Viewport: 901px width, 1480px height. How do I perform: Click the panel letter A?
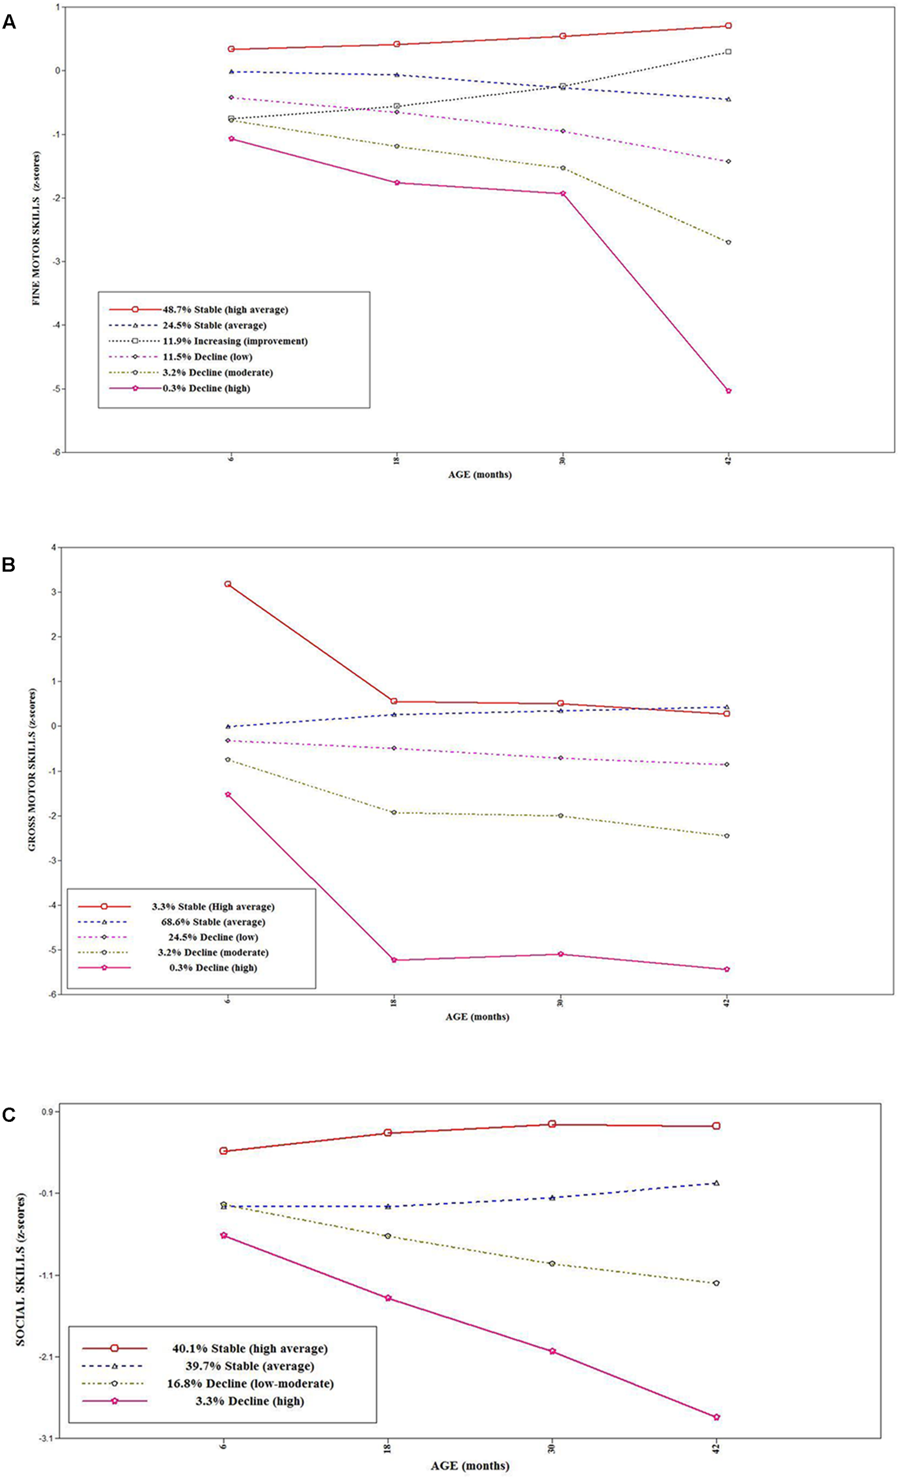point(9,23)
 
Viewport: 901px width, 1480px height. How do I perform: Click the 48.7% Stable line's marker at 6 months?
point(231,49)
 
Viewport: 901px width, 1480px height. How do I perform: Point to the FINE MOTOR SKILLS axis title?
point(37,229)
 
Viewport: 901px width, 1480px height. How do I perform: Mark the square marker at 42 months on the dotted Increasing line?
point(729,52)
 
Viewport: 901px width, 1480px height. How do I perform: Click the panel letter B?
point(8,565)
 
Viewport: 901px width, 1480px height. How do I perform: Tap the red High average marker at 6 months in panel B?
point(228,584)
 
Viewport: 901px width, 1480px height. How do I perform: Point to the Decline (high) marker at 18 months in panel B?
point(394,960)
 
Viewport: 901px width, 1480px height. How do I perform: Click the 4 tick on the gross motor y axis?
point(53,548)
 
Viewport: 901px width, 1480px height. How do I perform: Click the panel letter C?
point(8,1115)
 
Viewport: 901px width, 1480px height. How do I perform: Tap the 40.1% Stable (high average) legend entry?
point(250,1349)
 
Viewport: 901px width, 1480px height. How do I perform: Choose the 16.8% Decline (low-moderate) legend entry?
point(250,1384)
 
